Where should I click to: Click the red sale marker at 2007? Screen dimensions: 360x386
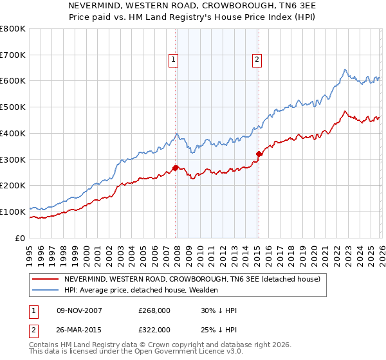[x=175, y=168]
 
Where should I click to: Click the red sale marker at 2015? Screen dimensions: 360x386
[x=259, y=154]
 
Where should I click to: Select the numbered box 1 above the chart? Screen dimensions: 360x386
[x=174, y=60]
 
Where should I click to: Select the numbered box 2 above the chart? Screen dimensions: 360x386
[x=257, y=60]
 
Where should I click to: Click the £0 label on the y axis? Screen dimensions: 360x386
[x=20, y=238]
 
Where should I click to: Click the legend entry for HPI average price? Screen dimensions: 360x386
[x=141, y=290]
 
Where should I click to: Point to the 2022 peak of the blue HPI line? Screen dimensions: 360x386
[x=345, y=69]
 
